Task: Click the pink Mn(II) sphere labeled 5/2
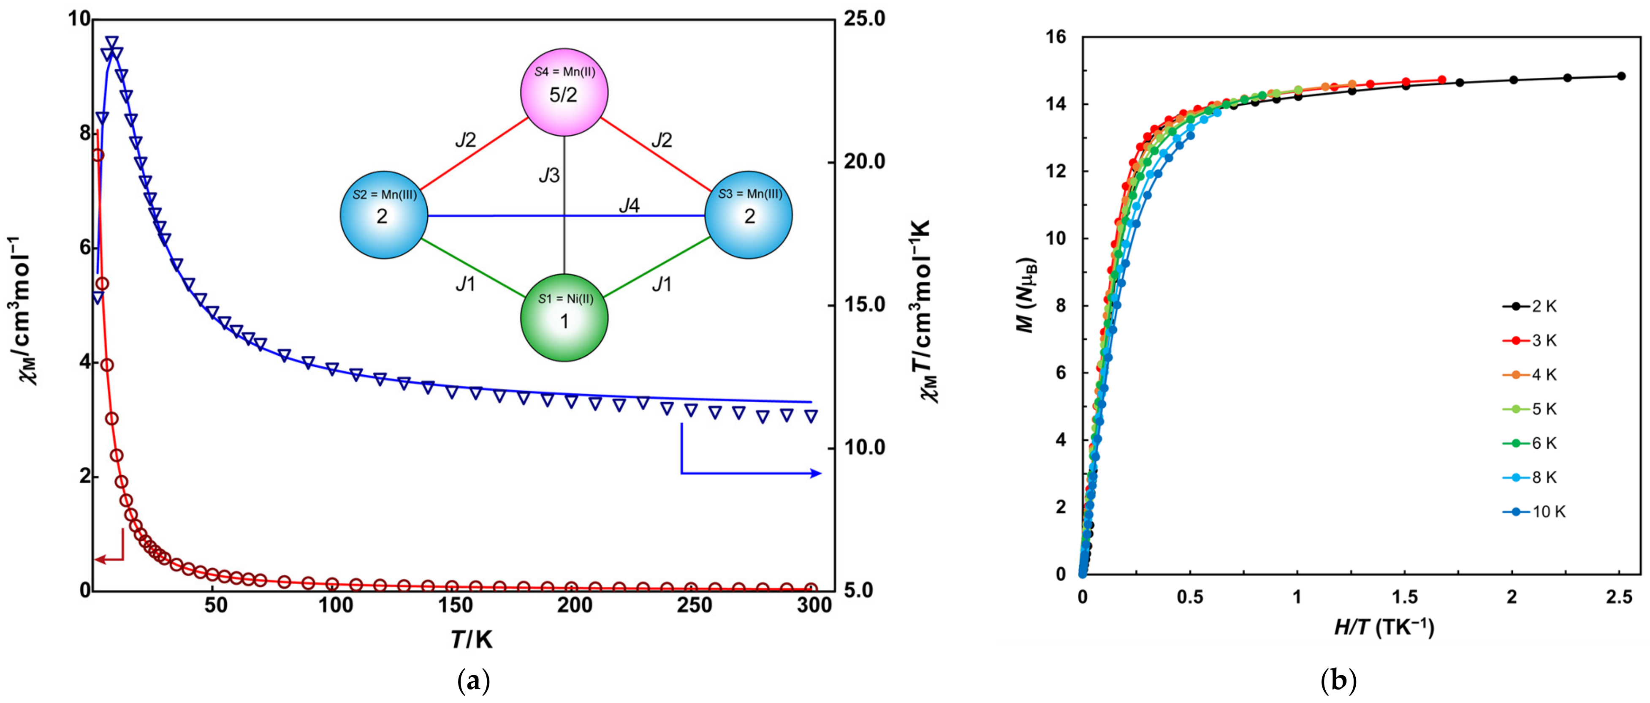point(563,93)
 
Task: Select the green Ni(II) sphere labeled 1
point(564,318)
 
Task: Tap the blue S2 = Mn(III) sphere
point(383,215)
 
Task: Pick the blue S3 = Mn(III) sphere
point(748,215)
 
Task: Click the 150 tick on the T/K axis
point(454,605)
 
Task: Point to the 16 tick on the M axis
point(1058,38)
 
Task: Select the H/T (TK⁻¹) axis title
point(1384,628)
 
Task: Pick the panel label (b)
point(1339,681)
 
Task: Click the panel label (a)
point(474,681)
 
